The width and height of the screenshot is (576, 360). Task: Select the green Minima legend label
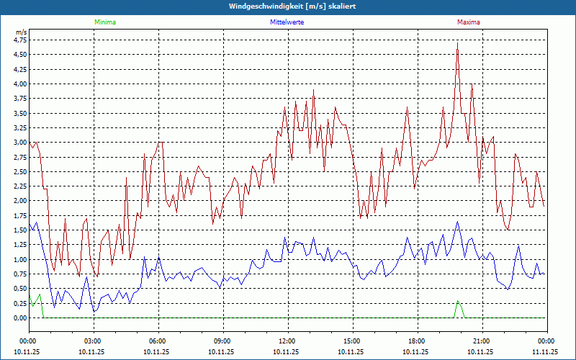coord(104,22)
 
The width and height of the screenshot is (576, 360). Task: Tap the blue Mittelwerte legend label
coord(286,22)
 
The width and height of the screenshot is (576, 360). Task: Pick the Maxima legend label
coord(468,22)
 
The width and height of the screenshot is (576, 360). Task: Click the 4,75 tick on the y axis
coord(19,40)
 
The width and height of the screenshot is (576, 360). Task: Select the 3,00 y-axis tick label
coord(19,143)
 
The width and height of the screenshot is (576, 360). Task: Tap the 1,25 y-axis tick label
coord(19,245)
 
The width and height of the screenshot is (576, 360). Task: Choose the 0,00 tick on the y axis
coord(19,318)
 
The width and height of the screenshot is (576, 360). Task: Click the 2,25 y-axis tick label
coord(19,186)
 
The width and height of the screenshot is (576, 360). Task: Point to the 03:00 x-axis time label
coord(93,341)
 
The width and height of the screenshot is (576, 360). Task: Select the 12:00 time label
coord(287,341)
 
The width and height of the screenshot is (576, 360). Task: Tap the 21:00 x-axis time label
coord(481,341)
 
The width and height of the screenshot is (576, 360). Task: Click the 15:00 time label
coord(351,341)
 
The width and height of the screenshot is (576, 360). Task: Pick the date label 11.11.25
coord(545,352)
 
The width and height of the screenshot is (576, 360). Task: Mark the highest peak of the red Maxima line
coord(457,43)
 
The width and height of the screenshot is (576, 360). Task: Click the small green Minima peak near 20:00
coord(457,302)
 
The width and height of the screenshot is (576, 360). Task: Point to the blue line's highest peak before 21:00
coord(457,222)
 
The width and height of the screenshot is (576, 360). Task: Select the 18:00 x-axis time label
coord(416,341)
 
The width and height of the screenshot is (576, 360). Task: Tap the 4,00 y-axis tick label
coord(19,84)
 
